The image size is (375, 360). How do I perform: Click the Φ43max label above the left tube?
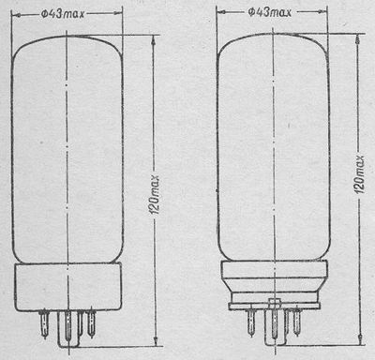(63, 14)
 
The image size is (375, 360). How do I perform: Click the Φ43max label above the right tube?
(269, 12)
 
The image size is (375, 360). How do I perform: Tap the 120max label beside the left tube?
(155, 194)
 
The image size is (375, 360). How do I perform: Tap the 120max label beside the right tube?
(360, 174)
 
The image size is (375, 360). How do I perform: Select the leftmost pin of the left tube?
(44, 323)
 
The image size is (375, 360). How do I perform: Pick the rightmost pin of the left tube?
(91, 322)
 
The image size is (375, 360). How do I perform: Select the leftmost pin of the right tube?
(251, 322)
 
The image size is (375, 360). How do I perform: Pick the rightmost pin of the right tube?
(296, 322)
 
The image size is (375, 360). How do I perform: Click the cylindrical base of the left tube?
(67, 287)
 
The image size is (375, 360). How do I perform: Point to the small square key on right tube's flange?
(275, 304)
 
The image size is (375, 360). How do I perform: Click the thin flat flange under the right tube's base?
(275, 307)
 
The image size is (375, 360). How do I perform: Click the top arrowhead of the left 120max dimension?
(154, 39)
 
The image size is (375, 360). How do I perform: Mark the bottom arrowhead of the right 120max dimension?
(359, 340)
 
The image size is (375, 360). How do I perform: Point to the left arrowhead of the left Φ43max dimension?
(17, 14)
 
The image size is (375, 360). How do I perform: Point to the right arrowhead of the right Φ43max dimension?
(322, 12)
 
